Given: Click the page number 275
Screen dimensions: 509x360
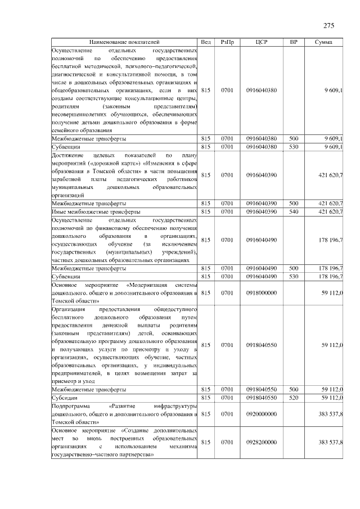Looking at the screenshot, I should tap(329, 26).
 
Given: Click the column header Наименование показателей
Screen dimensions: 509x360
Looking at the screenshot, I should tap(124, 42).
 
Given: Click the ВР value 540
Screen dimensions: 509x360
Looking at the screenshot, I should tap(294, 211).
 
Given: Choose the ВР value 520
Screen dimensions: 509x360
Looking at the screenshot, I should tap(294, 398).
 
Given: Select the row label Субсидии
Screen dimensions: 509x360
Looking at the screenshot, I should tap(65, 398).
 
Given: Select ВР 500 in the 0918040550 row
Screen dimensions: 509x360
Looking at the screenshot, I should tap(294, 389).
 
